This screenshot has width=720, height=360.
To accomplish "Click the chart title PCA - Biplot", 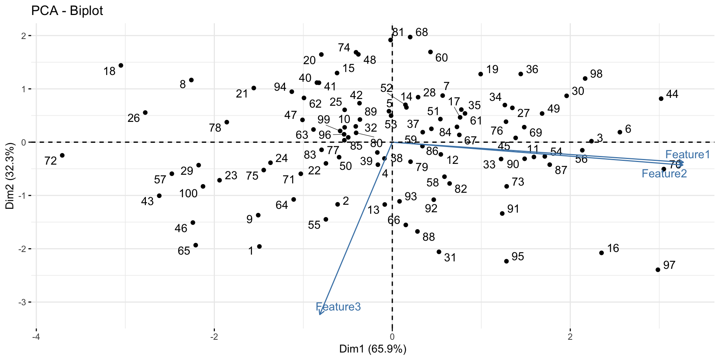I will coord(67,11).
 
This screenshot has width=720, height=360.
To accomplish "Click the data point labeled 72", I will coord(62,155).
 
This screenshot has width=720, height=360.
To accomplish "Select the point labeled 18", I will coord(121,66).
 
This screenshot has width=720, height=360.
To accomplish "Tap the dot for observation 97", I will coord(658,270).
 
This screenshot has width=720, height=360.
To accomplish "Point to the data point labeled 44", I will coord(661,99).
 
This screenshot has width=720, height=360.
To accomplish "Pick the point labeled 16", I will coord(601,253).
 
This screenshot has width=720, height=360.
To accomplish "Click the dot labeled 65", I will coord(195,245).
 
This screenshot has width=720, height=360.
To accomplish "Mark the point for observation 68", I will coord(410,37).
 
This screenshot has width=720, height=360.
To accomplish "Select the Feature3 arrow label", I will coord(338,307).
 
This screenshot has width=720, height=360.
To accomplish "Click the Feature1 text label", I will coord(687,154).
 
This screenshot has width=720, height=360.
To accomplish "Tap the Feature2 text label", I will coord(664,174).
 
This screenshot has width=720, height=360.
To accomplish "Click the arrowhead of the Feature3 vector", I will coord(319,314).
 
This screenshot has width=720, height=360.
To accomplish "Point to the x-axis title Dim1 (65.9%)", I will coord(373,349).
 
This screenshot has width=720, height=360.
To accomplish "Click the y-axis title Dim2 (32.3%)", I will coord(10,175).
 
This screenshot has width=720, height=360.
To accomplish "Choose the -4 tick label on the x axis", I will coord(36,336).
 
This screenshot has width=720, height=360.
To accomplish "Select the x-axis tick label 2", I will coord(570,336).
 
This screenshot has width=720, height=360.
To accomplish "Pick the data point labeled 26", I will coord(145,112).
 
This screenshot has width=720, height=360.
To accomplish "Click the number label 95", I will coord(517,256).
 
